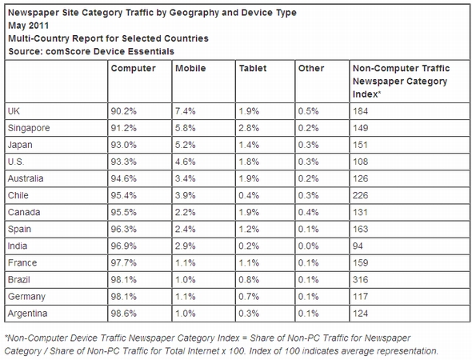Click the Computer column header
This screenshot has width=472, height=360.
(133, 69)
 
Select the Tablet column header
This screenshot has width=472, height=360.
(253, 69)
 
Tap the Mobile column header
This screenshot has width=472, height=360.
(190, 69)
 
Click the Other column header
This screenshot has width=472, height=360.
(310, 69)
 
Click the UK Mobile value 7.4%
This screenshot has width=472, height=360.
(186, 110)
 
